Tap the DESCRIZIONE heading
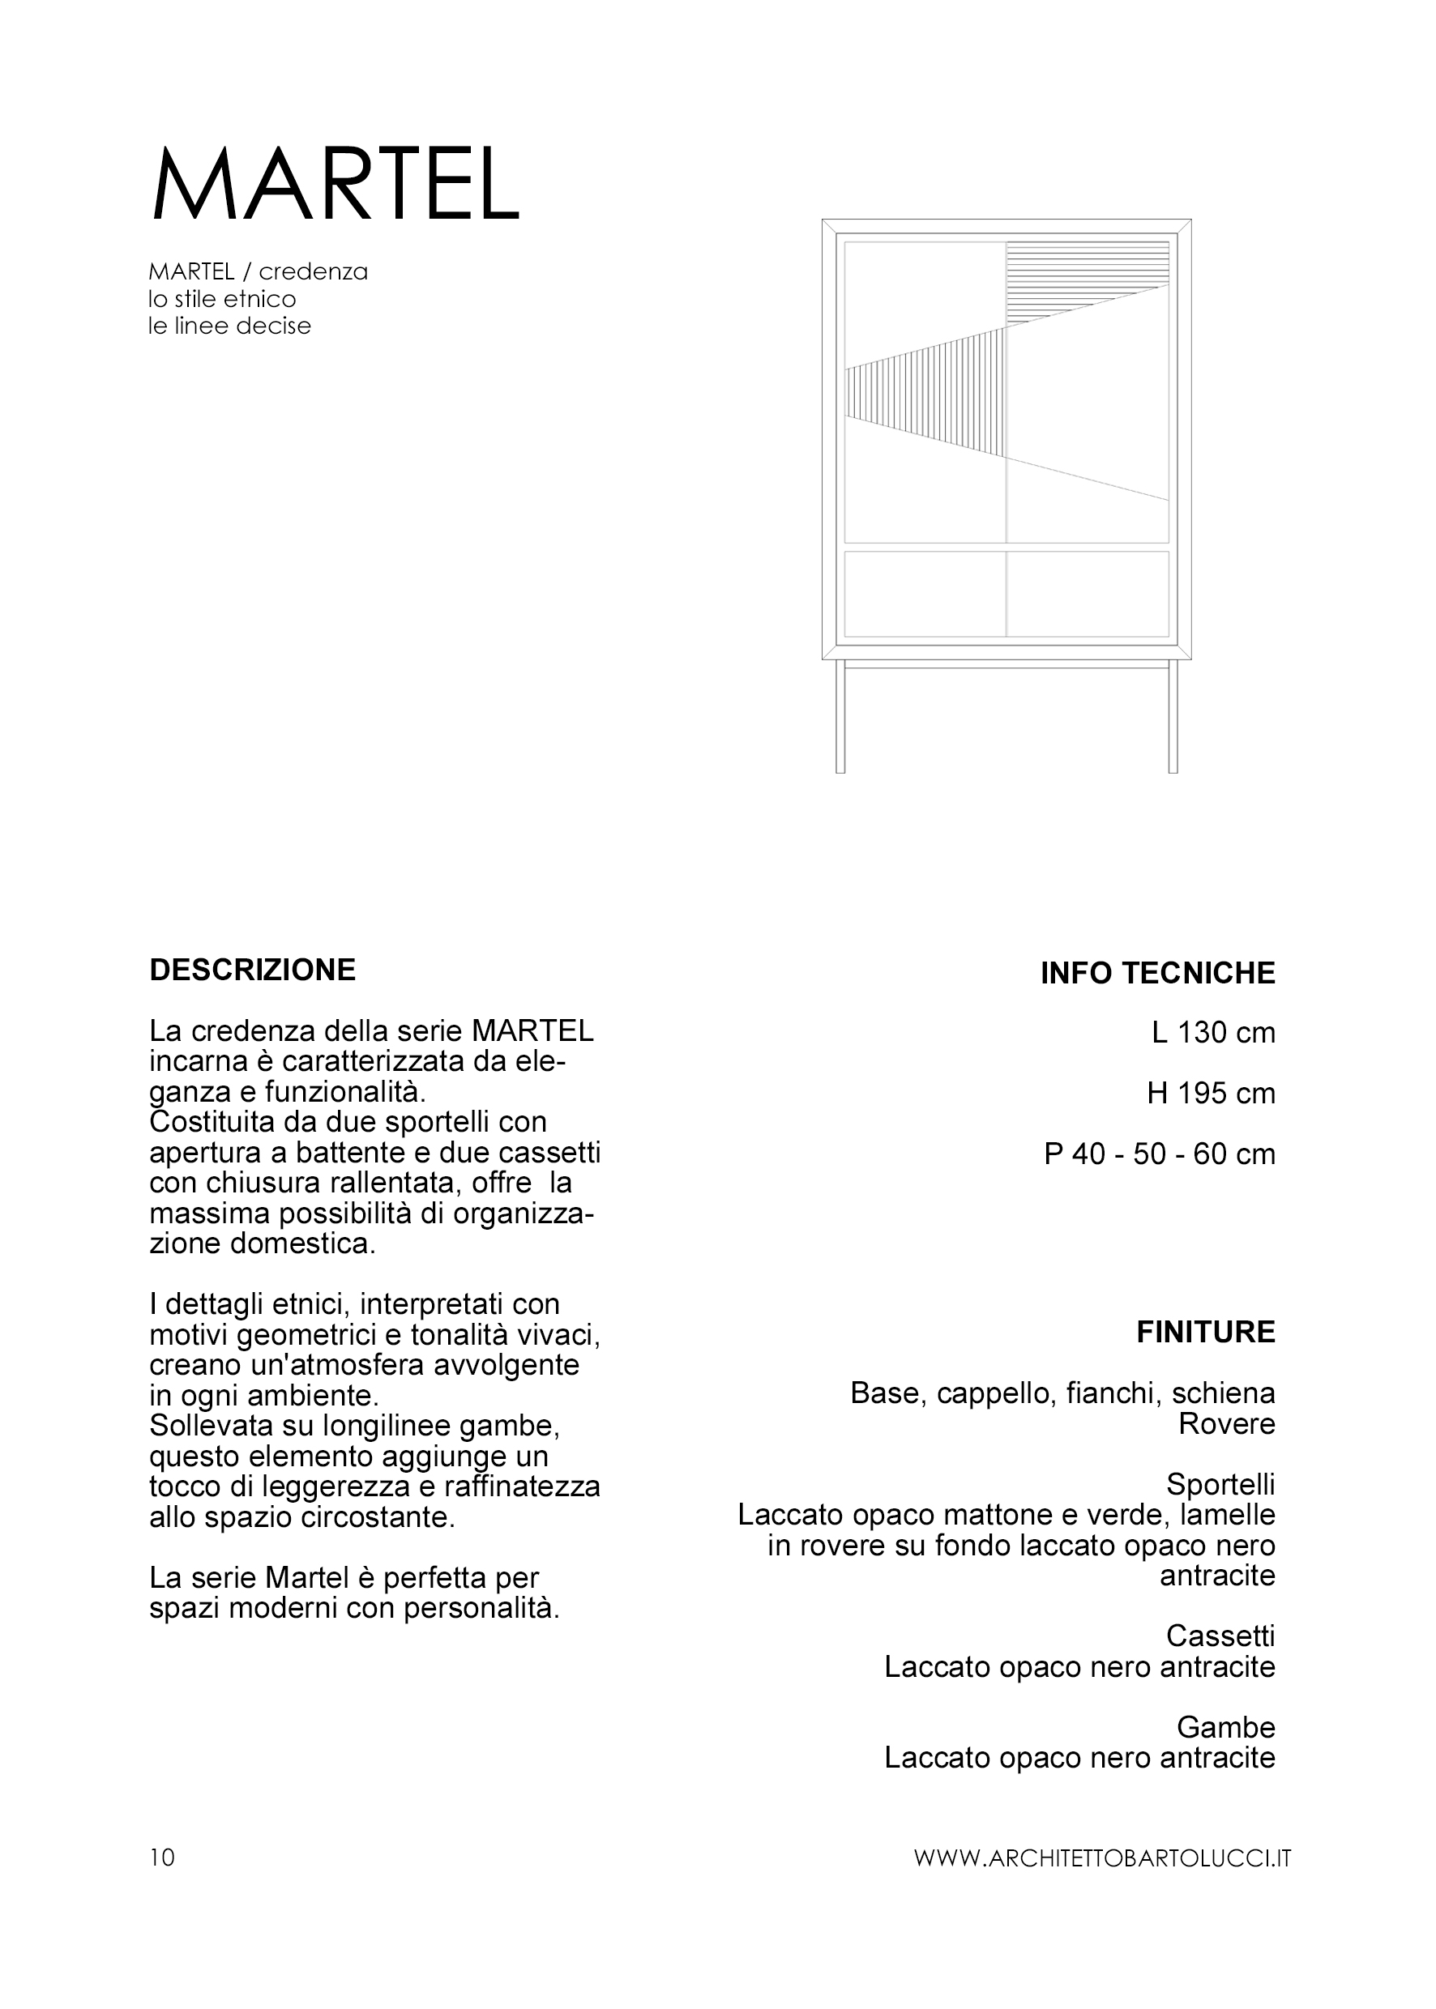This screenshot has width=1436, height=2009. (253, 970)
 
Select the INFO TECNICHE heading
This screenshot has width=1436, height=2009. (1157, 973)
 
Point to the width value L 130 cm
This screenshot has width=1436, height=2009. (1213, 1032)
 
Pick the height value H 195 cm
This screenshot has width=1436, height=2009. (1211, 1094)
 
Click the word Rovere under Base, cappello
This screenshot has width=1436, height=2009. (1226, 1424)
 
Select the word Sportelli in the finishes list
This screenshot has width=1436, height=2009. (1220, 1484)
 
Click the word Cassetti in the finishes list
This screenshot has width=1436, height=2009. (1220, 1636)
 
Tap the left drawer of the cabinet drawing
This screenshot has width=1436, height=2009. (925, 594)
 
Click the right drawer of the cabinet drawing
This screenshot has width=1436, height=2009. (1088, 594)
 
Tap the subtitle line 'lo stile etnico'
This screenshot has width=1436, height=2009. (222, 299)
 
